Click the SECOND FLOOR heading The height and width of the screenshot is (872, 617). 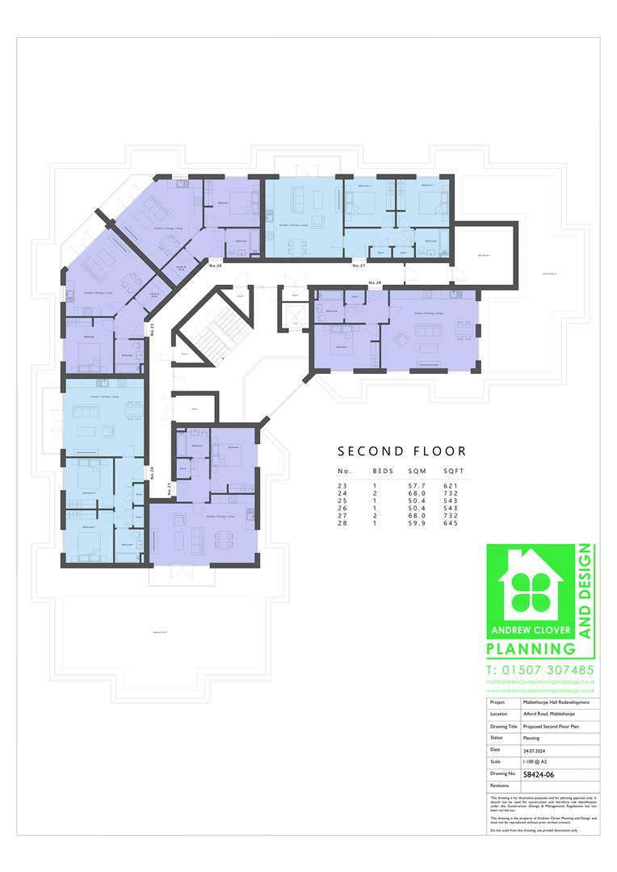click(x=401, y=451)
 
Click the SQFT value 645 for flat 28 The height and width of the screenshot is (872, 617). click(x=450, y=523)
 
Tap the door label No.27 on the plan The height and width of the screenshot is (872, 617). click(x=359, y=265)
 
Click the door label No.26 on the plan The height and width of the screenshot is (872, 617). click(x=215, y=266)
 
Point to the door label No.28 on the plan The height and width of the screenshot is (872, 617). click(x=374, y=283)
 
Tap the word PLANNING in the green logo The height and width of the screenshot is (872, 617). click(x=531, y=648)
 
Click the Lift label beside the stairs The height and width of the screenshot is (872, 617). click(x=296, y=323)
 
